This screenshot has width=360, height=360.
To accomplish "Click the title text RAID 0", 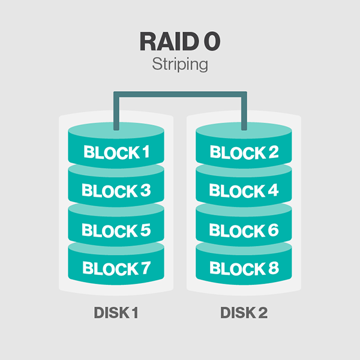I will (x=179, y=41).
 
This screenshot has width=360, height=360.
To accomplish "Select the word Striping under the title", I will (x=179, y=64).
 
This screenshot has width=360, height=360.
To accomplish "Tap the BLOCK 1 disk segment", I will (x=116, y=152).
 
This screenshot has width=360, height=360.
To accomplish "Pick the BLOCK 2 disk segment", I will (x=244, y=152).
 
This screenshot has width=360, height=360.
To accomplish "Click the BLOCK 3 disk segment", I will (x=116, y=191).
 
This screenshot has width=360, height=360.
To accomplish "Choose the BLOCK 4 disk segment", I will (x=244, y=191).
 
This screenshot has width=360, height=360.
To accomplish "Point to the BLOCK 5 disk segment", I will (x=116, y=230).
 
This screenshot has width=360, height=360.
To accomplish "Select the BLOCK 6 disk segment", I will (x=244, y=230).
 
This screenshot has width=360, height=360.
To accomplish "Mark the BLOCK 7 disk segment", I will (x=116, y=268).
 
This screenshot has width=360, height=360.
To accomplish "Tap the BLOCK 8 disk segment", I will (x=244, y=268).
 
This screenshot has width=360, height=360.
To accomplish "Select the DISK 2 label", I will (x=244, y=313).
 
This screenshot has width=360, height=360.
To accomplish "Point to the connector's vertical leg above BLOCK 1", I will (x=116, y=114).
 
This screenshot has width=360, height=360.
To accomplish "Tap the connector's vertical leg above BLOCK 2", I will (x=244, y=114).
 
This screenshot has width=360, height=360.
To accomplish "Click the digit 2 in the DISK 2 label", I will (x=263, y=313).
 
